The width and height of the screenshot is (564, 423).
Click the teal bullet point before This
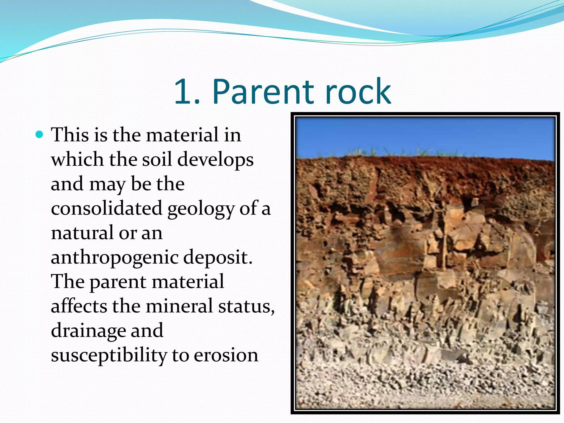point(40,135)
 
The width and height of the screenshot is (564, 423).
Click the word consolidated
point(107,208)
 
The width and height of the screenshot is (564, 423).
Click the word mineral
point(179,306)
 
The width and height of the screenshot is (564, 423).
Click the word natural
point(82,233)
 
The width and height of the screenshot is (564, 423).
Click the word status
point(246,307)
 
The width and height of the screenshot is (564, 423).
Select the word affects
point(79,306)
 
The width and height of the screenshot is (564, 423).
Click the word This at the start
point(70,135)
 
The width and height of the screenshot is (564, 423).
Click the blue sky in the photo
point(413,135)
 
